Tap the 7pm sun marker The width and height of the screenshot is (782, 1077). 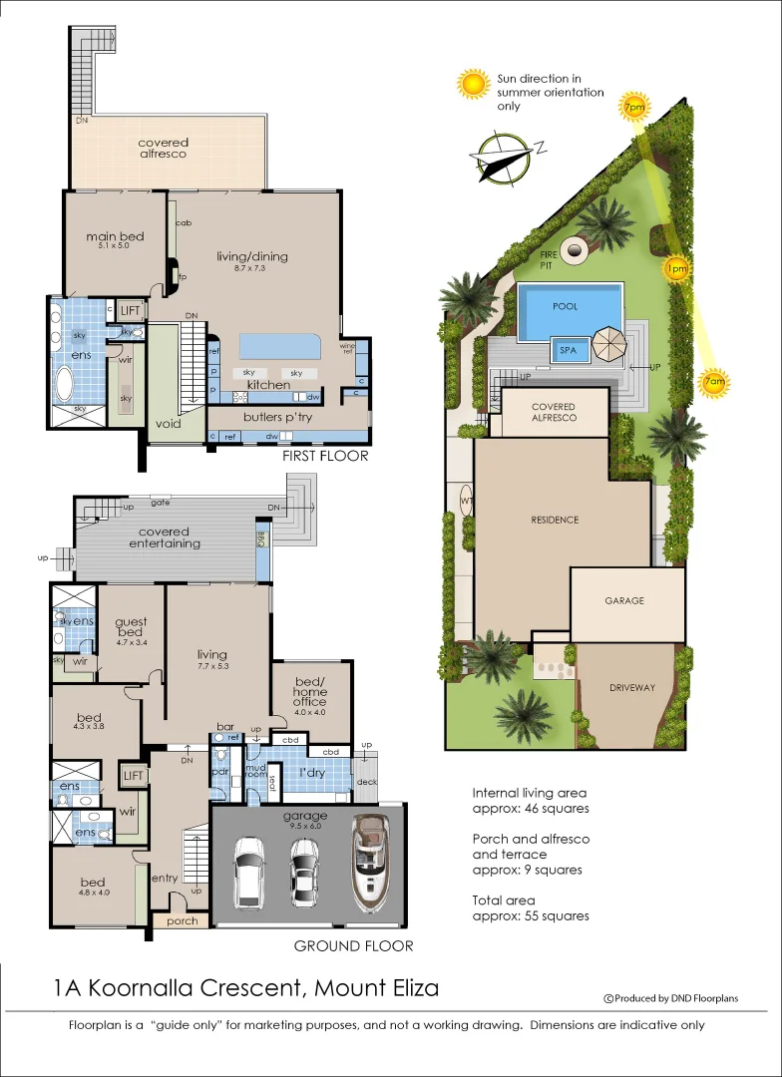tap(633, 107)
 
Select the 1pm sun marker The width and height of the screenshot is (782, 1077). tap(676, 268)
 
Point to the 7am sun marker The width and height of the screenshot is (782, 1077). tap(714, 382)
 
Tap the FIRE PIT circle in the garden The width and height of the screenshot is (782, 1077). tap(574, 252)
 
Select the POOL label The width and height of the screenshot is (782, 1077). tap(566, 307)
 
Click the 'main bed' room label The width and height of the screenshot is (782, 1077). tap(115, 236)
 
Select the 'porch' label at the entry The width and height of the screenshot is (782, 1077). tap(183, 920)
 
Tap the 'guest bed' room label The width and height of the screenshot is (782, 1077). tap(130, 626)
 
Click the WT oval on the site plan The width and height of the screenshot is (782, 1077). tap(466, 500)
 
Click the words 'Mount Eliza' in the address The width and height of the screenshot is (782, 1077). tap(376, 989)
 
